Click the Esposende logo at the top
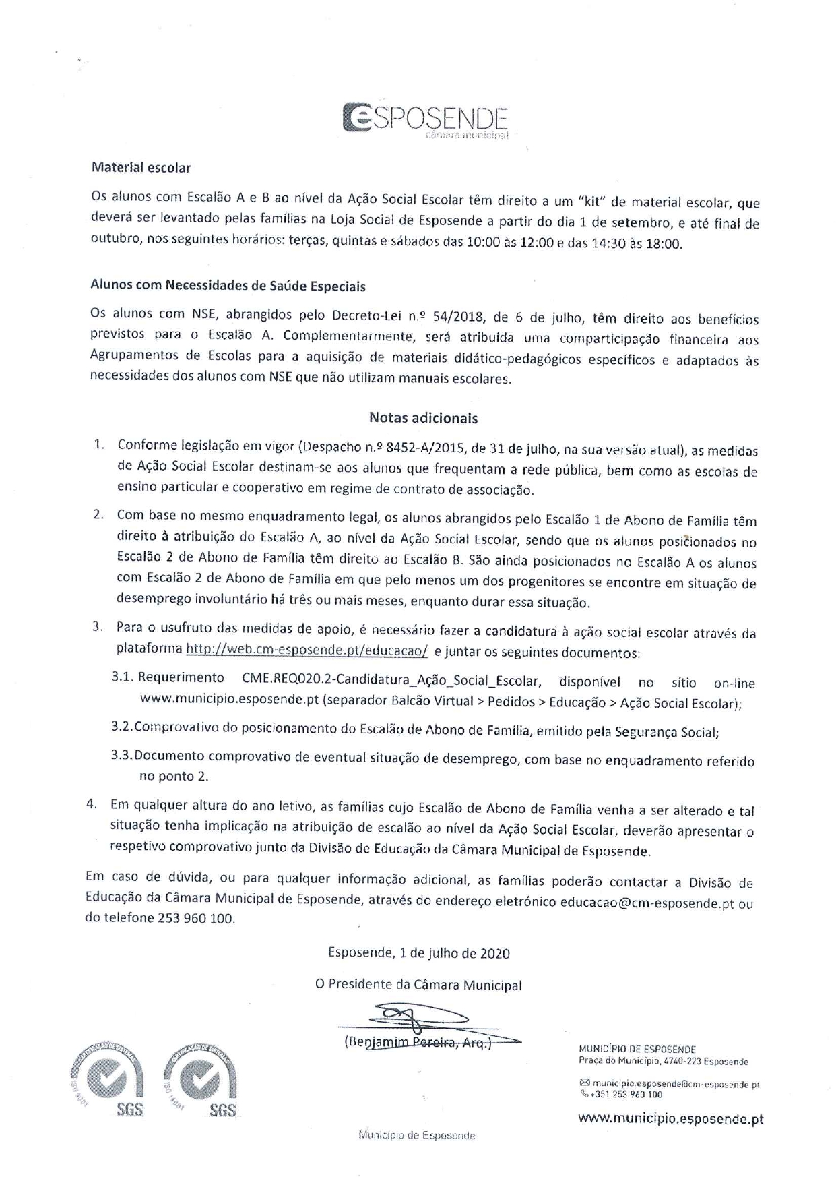pos(424,120)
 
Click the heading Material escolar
pos(141,168)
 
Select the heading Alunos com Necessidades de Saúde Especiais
pos(228,286)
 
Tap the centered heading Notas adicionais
pos(423,418)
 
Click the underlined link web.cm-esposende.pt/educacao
pos(307,650)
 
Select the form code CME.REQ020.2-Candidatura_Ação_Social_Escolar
pos(391,678)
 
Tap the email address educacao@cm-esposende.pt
pos(647,903)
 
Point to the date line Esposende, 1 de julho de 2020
pos(418,953)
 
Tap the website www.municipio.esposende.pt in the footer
pos(670,1119)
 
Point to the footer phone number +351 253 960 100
pos(626,1095)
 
